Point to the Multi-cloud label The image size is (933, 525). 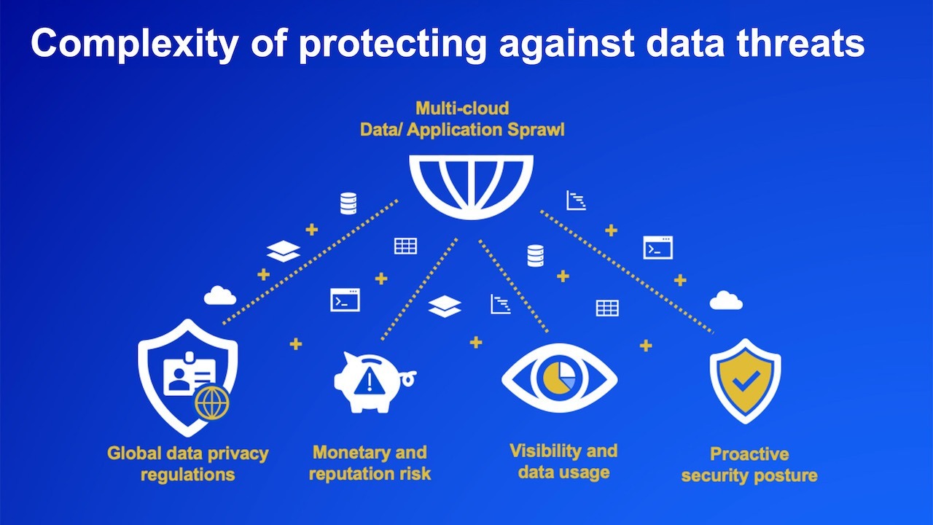click(x=462, y=109)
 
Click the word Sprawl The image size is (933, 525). click(x=536, y=130)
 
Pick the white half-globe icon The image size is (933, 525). click(x=471, y=187)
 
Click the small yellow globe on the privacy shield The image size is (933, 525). click(x=212, y=402)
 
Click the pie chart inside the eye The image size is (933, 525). click(x=559, y=378)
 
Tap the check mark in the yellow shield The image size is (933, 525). click(x=746, y=381)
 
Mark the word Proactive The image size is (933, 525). click(x=749, y=454)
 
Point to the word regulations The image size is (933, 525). click(x=188, y=475)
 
